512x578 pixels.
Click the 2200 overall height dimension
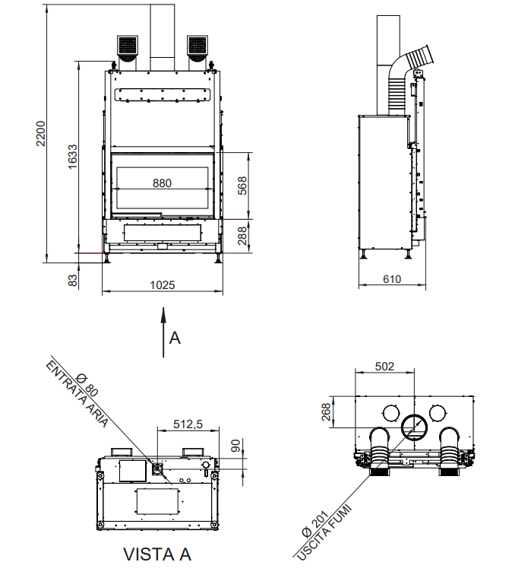tap(40, 133)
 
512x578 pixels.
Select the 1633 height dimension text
tap(72, 157)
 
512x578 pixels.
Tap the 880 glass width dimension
tap(162, 183)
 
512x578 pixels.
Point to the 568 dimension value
tap(242, 186)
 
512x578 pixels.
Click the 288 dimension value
tap(242, 236)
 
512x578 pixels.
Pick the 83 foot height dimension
tap(73, 280)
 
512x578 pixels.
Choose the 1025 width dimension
tap(163, 285)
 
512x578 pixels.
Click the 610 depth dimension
tap(392, 279)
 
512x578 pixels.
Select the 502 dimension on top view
tap(384, 367)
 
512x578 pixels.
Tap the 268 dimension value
tap(326, 411)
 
